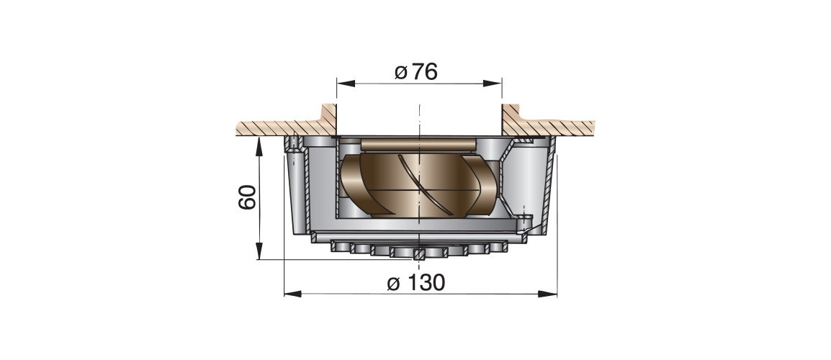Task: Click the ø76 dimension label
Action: [x=416, y=71]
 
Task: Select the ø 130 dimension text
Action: [x=416, y=283]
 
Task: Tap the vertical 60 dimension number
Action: [x=248, y=197]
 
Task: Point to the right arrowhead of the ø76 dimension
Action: [x=493, y=84]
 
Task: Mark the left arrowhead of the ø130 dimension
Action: [x=293, y=294]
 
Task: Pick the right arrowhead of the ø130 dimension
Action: [x=548, y=294]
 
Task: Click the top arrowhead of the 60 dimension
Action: [x=259, y=146]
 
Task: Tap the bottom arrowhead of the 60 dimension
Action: [x=259, y=251]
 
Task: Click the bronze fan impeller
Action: [x=419, y=186]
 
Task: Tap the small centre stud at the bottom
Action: [x=419, y=254]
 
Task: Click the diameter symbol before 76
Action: [x=401, y=72]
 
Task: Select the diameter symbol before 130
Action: [x=393, y=284]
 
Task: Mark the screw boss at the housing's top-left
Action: [x=294, y=145]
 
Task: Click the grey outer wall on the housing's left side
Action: [x=297, y=191]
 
